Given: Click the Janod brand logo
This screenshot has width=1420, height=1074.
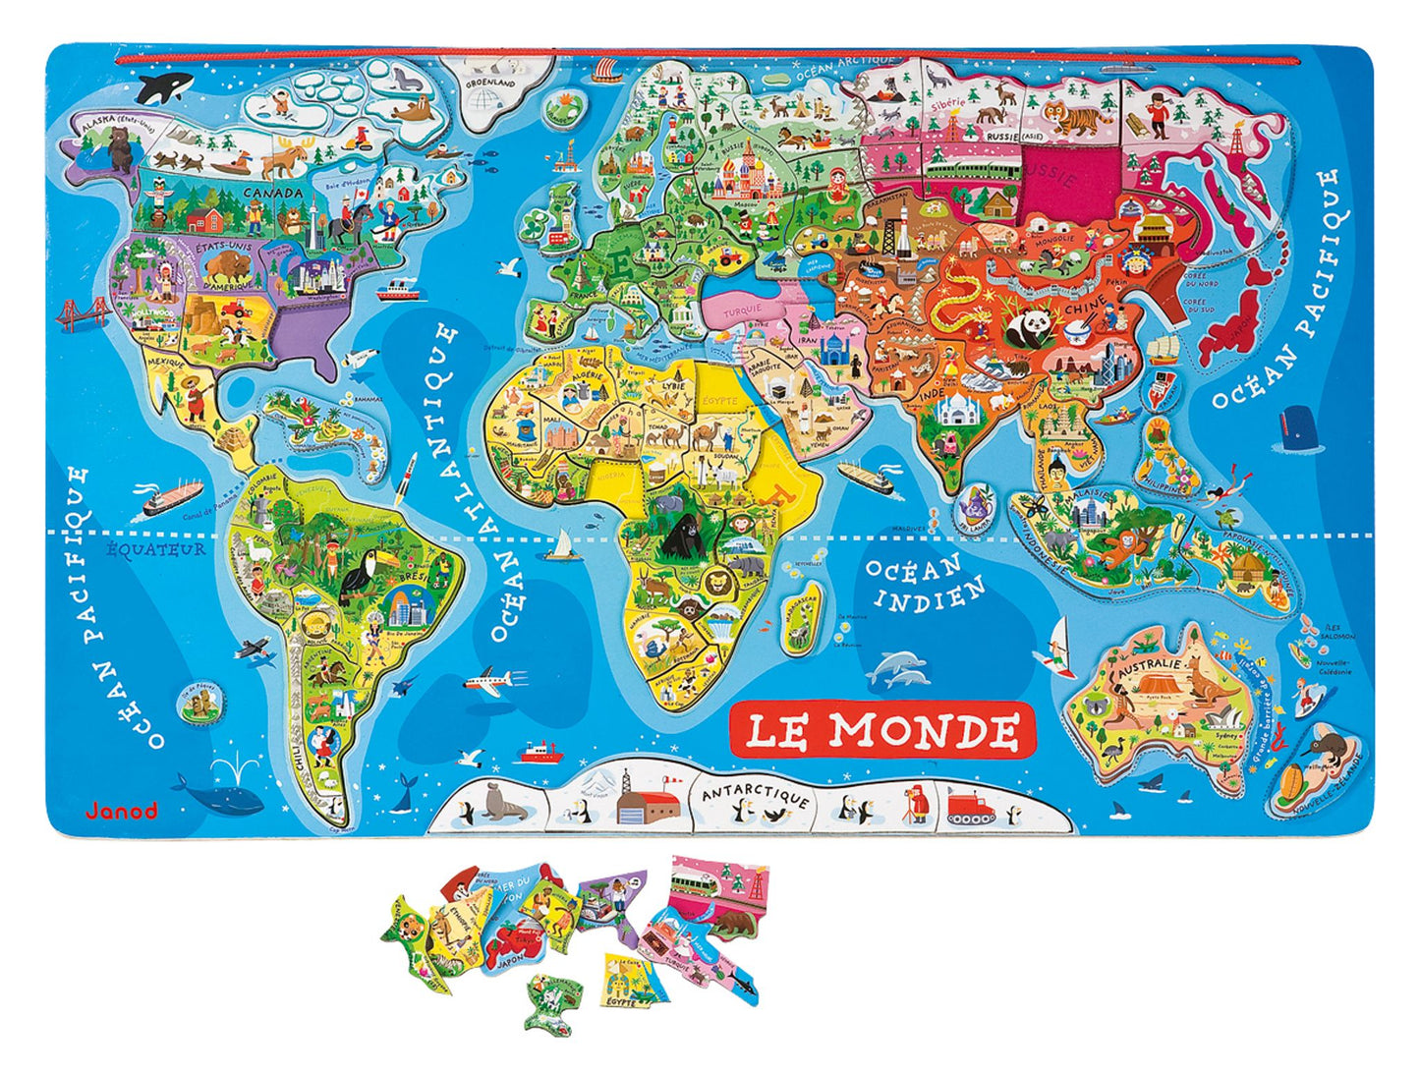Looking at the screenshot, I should coord(121,811).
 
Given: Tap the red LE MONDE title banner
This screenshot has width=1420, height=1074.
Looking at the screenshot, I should coord(881,730).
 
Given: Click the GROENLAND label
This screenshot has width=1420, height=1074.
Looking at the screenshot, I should coord(490,84).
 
